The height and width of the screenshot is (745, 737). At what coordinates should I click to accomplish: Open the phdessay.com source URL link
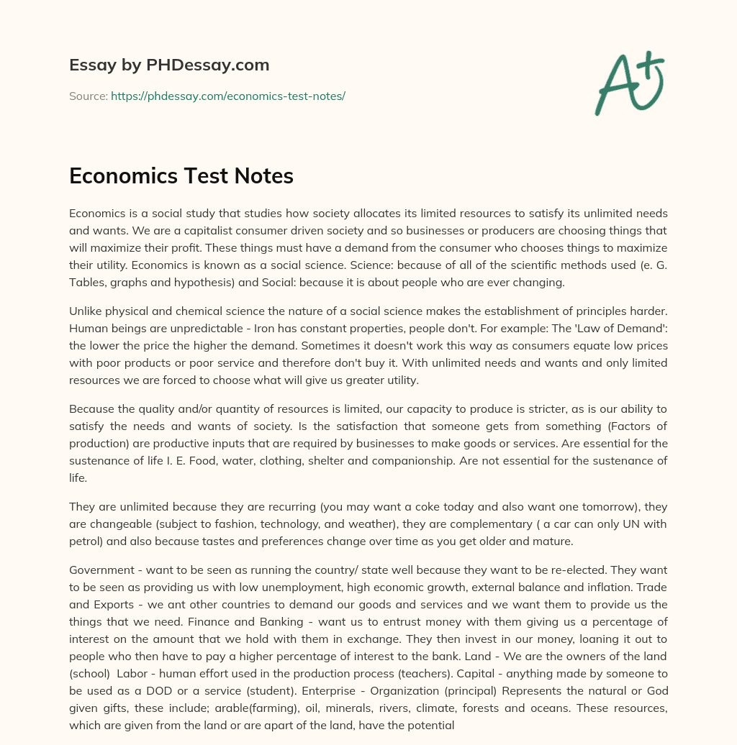click(x=228, y=96)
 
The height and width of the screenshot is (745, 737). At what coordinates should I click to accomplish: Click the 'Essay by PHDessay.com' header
click(x=169, y=65)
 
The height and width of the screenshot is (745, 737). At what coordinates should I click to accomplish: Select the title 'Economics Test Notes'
click(x=181, y=176)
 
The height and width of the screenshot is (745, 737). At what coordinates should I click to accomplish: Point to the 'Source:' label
click(x=88, y=96)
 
